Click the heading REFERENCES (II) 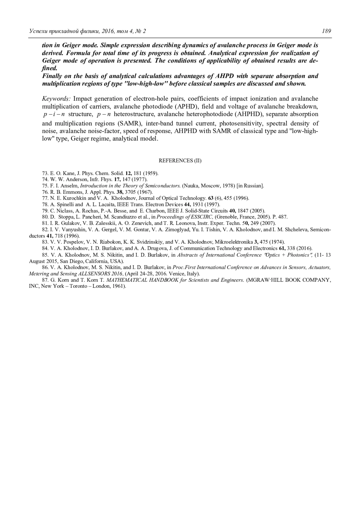(180, 161)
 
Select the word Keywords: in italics (56, 99)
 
